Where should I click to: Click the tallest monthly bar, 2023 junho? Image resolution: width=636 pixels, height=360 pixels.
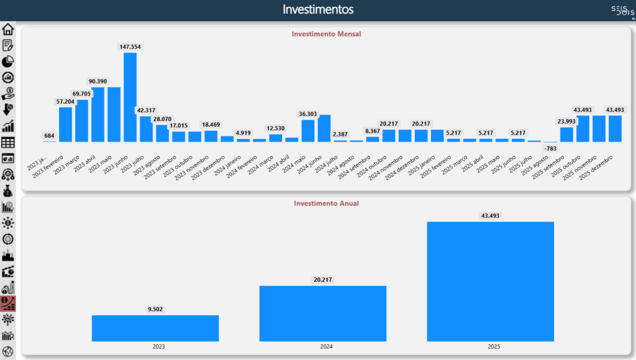coord(130,97)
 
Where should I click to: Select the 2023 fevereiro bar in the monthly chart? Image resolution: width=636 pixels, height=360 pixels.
coord(66,124)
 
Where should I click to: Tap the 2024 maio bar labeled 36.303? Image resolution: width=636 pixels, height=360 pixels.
coord(308,130)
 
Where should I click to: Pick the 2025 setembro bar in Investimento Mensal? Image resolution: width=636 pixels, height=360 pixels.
coord(566,134)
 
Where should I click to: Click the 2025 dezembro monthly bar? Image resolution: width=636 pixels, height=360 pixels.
coord(615,128)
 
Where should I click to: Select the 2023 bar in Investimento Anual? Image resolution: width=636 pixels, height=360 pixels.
coord(155,328)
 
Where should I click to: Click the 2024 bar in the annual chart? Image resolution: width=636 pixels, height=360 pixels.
coord(323,313)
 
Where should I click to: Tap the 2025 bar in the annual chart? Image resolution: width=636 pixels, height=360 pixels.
coord(491,281)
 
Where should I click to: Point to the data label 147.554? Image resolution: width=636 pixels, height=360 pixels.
coord(130,47)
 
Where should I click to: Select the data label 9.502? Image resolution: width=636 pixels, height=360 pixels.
coord(155,308)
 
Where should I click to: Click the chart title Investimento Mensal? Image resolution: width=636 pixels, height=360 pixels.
coord(326,34)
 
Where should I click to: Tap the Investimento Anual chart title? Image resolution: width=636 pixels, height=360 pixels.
coord(326,203)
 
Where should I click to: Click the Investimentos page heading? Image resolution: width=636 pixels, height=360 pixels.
coord(318,9)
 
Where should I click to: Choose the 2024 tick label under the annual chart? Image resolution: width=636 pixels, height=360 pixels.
coord(323,347)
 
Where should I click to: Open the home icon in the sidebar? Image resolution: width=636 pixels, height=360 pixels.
coord(8,29)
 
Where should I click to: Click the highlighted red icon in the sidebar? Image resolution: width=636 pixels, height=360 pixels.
coord(8,303)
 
